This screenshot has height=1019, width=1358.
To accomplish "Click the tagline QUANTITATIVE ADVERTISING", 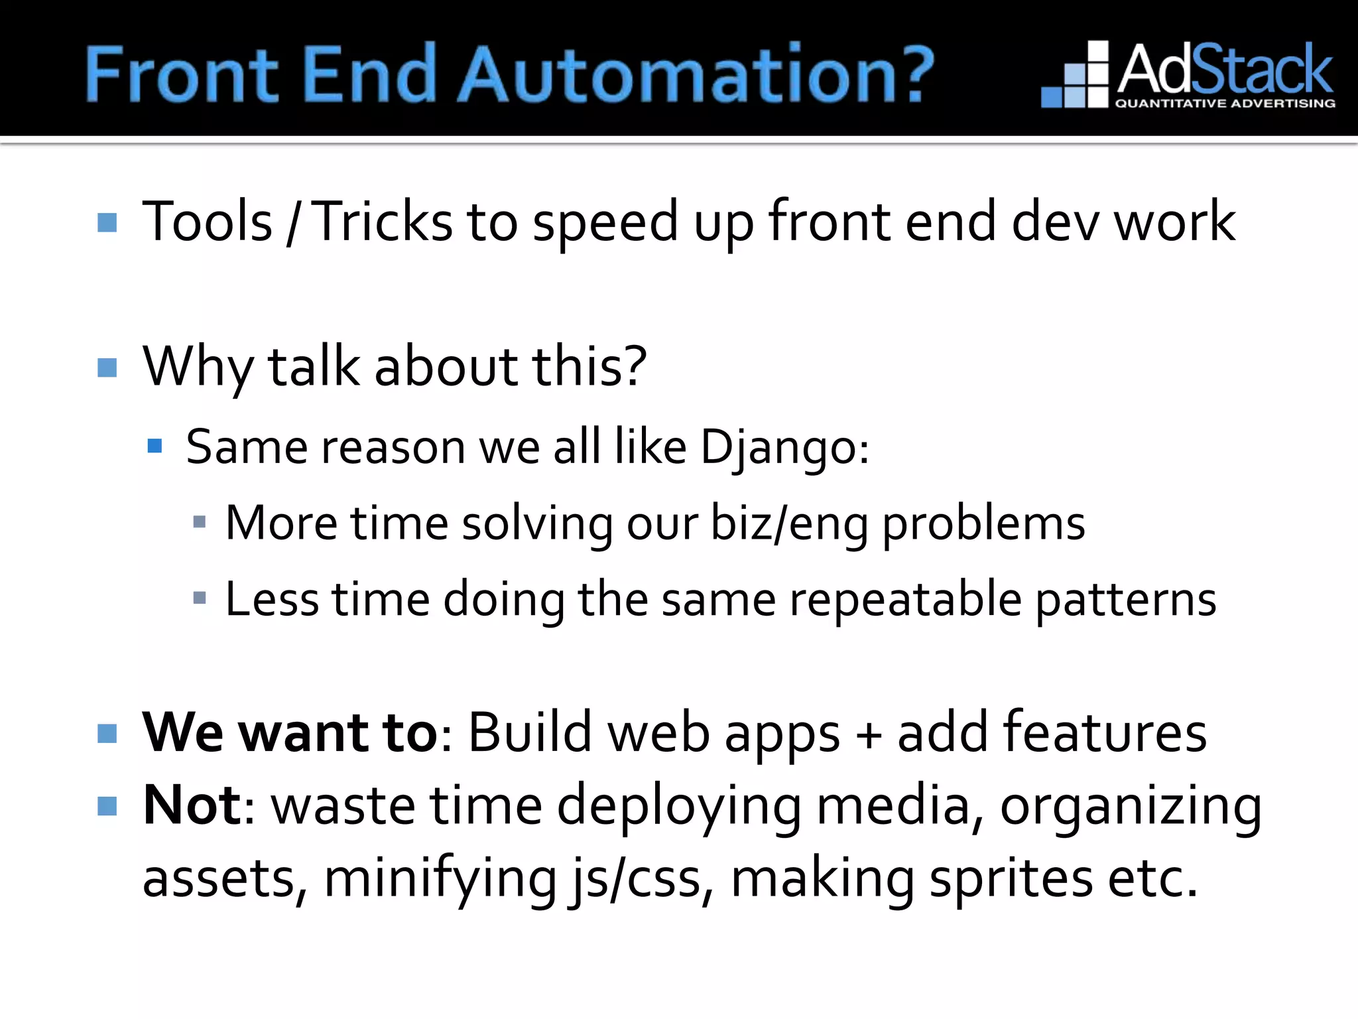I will point(1225,103).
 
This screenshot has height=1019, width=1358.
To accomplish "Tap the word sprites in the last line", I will point(1011,878).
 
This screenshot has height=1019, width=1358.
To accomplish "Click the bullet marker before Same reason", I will point(154,446).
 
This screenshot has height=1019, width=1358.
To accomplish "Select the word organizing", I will point(1131,807).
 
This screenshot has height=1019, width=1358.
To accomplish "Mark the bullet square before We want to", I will point(107,734).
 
